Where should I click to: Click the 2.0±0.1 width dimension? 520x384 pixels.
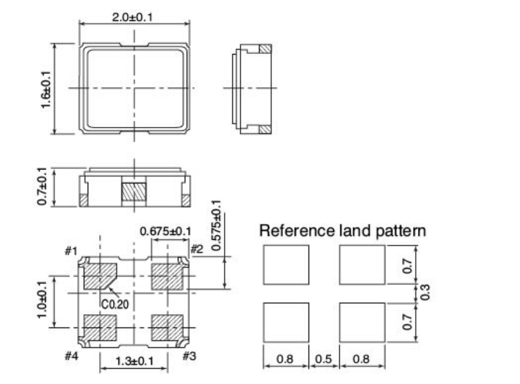pos(132,17)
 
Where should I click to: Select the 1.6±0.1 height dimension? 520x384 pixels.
pos(46,89)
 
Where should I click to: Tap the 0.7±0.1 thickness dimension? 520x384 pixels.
pos(42,186)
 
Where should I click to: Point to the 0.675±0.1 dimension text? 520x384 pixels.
pos(166,231)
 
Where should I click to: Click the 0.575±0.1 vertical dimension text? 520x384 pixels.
pos(216,225)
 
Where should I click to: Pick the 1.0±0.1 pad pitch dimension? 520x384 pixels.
pos(42,300)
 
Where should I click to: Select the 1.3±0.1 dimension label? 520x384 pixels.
pos(135,361)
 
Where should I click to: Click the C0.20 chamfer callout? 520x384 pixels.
pos(115,304)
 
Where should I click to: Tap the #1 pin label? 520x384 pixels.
pos(71,251)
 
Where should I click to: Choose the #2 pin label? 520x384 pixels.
pos(197,249)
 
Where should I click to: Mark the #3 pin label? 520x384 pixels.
pos(189,356)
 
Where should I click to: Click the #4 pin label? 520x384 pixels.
pos(71,357)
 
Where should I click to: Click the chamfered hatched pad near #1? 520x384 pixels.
pos(100,276)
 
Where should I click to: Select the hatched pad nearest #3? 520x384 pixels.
pos(167,328)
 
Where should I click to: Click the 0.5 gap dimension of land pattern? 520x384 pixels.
pos(323,359)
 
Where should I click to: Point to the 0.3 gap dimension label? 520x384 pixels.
pos(425,292)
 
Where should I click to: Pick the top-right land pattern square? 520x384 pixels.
pos(362,265)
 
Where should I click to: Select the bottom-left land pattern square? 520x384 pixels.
pos(286,322)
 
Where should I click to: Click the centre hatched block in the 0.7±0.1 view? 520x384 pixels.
pos(134,192)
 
